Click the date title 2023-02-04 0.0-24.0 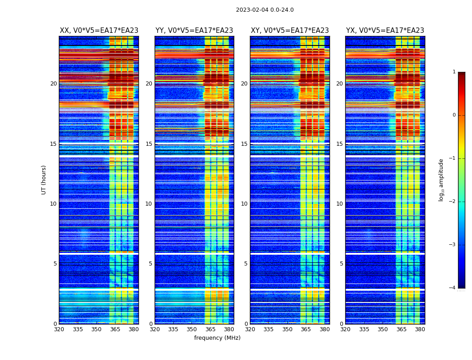pos(265,10)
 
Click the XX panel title pos(99,31)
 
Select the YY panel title pos(194,31)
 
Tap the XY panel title pos(289,31)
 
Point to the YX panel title pos(385,31)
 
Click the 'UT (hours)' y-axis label pos(44,180)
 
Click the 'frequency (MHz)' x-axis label pos(217,338)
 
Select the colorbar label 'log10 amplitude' pos(441,180)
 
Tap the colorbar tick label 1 pos(454,72)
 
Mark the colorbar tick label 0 pos(454,115)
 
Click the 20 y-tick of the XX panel pos(53,84)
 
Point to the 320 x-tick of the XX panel pos(59,329)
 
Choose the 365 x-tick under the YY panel pos(210,329)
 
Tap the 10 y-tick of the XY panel pos(244,204)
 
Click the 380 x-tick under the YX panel pos(420,329)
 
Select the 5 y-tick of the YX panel pos(341,264)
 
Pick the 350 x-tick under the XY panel pos(287,329)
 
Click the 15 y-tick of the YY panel pos(149,144)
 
